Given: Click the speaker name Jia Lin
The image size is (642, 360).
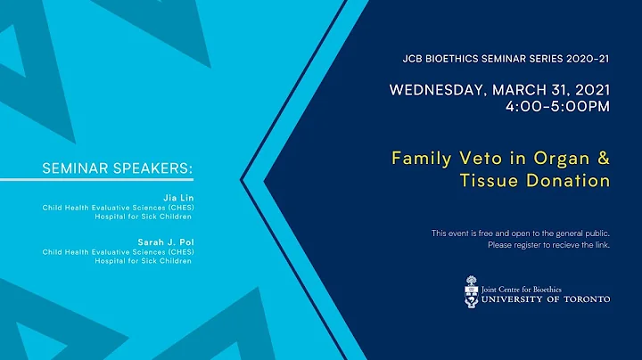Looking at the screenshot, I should [181, 196].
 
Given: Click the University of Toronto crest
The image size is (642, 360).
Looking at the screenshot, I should [471, 290].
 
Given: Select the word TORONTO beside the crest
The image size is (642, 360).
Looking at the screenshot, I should [582, 299].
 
